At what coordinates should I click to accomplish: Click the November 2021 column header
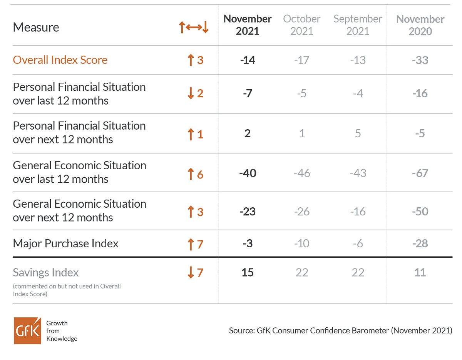coord(247,25)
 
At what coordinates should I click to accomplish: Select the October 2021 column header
coord(302,25)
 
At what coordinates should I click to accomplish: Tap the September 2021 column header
coord(358,25)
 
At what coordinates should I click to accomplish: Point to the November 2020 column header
coord(420,25)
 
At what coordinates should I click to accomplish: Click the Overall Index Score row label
coord(60,60)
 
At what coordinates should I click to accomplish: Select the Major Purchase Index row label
coord(65,243)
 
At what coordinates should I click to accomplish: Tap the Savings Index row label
coord(46,272)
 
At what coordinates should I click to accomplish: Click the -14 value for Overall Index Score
coord(248,60)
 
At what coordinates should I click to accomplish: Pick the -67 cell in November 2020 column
coord(420,173)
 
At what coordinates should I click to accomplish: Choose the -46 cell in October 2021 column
coord(302,173)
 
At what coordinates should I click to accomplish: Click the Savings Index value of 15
coord(248,272)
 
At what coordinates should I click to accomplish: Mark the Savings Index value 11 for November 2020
coord(420,272)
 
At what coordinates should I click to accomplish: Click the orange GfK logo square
coord(27,331)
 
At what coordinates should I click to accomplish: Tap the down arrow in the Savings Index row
coord(191,272)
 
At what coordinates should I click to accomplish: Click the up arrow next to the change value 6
coord(191,174)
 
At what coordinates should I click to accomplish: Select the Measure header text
coord(36,27)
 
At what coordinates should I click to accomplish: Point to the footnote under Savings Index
coord(67,290)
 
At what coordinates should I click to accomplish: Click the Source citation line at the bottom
coord(341,331)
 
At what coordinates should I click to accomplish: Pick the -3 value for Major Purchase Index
coord(248,243)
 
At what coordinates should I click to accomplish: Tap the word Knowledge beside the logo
coord(62,339)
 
